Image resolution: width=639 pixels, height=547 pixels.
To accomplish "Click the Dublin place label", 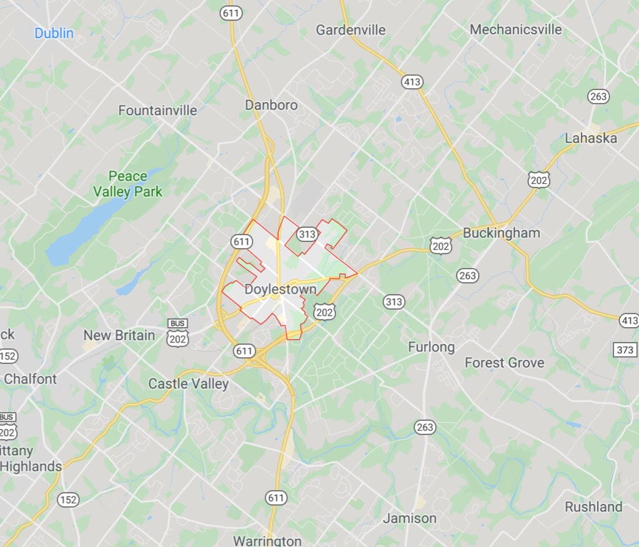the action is [54, 33].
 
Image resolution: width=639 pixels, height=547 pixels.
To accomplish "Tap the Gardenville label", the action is [350, 29].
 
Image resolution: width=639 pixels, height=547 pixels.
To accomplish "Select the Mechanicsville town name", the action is [515, 29].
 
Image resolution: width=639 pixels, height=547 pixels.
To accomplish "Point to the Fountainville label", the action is [157, 111].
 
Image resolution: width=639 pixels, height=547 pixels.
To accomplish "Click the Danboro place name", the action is [271, 105].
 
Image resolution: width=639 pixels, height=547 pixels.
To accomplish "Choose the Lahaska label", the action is [591, 138].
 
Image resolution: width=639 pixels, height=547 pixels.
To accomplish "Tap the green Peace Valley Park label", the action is [127, 184].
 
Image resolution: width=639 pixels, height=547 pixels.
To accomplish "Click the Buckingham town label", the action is [501, 233].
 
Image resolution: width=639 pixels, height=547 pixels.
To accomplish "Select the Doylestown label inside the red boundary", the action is [280, 289].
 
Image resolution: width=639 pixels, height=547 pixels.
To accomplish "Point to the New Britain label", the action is [119, 335].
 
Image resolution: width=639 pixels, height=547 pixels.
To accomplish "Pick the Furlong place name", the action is [431, 347].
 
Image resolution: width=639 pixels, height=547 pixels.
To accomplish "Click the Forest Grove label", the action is [504, 363].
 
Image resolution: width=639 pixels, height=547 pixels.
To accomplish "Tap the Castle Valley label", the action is [188, 383].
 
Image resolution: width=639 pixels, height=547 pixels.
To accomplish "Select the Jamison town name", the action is [410, 518].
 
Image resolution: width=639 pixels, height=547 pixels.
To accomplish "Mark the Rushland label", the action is [593, 506].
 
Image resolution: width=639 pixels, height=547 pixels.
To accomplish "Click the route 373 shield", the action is [625, 349].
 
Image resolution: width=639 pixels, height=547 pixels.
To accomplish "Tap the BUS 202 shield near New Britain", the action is [177, 333].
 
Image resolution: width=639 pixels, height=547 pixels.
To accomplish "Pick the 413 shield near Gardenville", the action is [412, 81].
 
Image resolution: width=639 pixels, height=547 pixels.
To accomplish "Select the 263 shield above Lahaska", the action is [598, 96].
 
